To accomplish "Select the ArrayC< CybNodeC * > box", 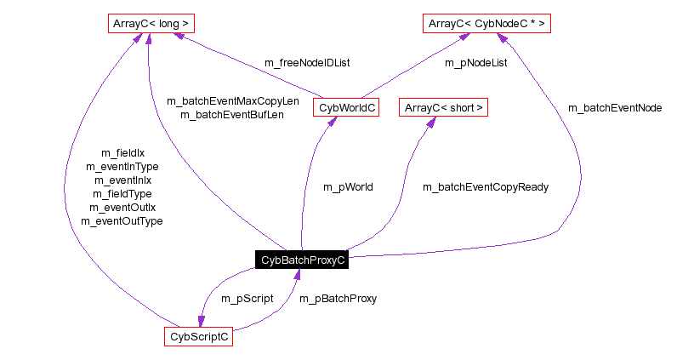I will click(487, 24).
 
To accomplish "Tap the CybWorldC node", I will click(345, 108).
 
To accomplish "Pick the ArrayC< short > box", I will click(444, 108).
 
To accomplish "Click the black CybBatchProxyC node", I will click(302, 260).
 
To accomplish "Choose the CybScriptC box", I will click(198, 337).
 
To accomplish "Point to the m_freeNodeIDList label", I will click(308, 62).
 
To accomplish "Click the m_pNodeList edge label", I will click(475, 62).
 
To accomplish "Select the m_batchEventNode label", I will click(614, 108).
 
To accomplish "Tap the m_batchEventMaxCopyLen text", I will click(232, 100).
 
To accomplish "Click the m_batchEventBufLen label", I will click(232, 114).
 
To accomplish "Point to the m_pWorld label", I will click(348, 186).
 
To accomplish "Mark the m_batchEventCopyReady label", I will click(486, 186).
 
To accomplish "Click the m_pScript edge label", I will click(247, 299).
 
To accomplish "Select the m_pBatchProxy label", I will click(338, 299).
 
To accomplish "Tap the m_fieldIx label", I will click(122, 153).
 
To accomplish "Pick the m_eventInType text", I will click(122, 167).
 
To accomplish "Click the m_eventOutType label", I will click(122, 221).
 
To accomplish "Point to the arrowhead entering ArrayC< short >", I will click(430, 123).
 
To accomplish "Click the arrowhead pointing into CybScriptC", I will click(202, 321).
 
